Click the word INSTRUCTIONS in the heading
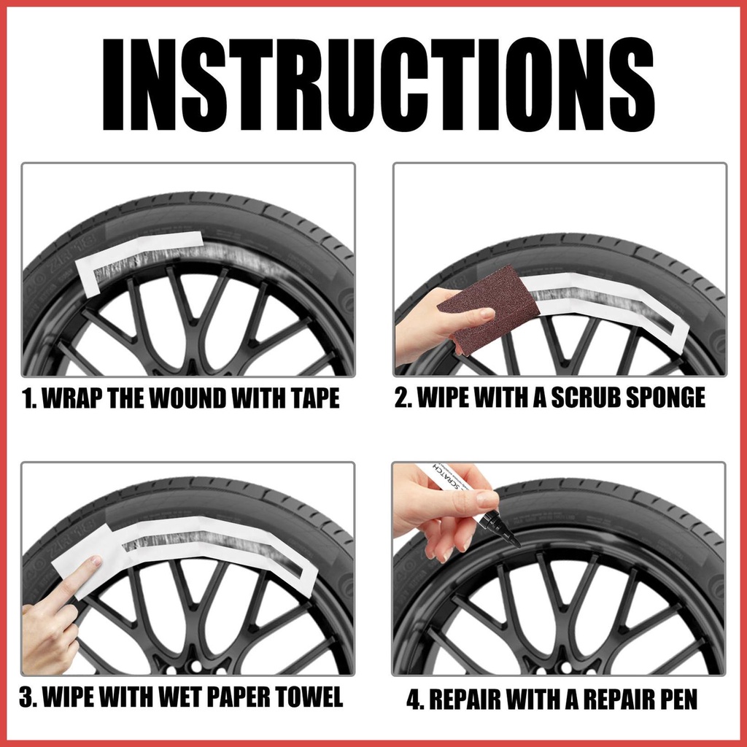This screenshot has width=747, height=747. (x=379, y=85)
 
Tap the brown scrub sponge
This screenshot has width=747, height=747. (x=488, y=309)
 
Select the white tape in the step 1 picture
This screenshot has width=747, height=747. (x=138, y=258)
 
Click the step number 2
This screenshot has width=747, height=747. (x=403, y=398)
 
